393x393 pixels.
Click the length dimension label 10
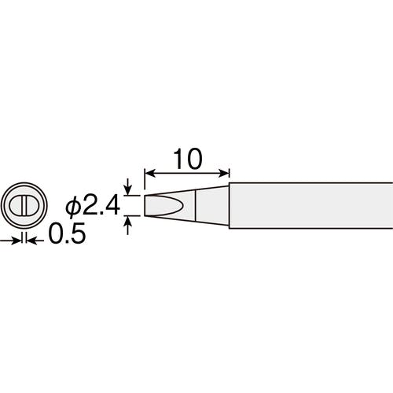coord(188,159)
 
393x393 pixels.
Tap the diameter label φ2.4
coord(93,206)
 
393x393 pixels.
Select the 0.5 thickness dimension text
coord(68,233)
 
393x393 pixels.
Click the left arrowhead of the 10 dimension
coord(149,173)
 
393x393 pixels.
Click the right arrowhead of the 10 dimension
coord(224,173)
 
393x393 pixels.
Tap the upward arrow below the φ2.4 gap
coord(127,225)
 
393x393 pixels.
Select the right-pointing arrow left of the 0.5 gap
coord(10,241)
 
